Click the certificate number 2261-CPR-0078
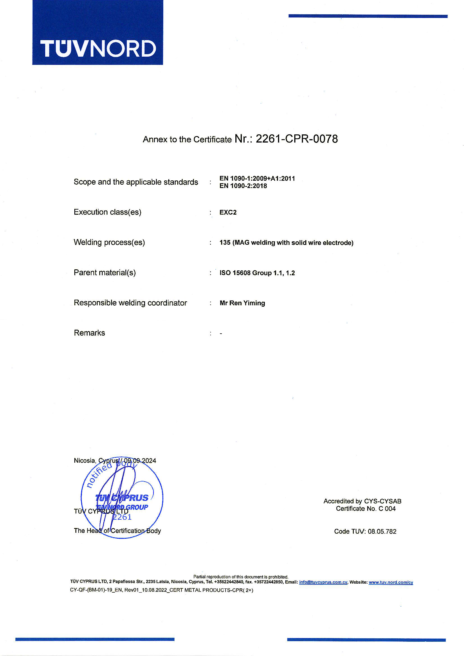pyautogui.click(x=297, y=139)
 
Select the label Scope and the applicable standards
pyautogui.click(x=136, y=182)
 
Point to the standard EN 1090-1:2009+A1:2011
pyautogui.click(x=257, y=178)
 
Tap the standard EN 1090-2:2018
pyautogui.click(x=243, y=186)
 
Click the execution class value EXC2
pyautogui.click(x=228, y=212)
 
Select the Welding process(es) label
pyautogui.click(x=109, y=242)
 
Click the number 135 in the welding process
pyautogui.click(x=225, y=243)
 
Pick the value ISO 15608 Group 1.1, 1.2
pyautogui.click(x=257, y=273)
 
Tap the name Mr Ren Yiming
pyautogui.click(x=242, y=303)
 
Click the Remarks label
pyautogui.click(x=89, y=333)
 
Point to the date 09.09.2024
pyautogui.click(x=140, y=460)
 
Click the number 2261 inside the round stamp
pyautogui.click(x=122, y=517)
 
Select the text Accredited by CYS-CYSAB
pyautogui.click(x=362, y=501)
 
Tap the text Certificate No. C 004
pyautogui.click(x=366, y=509)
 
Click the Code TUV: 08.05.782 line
pyautogui.click(x=365, y=531)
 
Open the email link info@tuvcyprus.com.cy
pyautogui.click(x=323, y=582)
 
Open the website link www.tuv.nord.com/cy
pyautogui.click(x=391, y=582)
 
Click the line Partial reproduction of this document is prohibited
pyautogui.click(x=241, y=577)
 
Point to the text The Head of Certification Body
pyautogui.click(x=117, y=531)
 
